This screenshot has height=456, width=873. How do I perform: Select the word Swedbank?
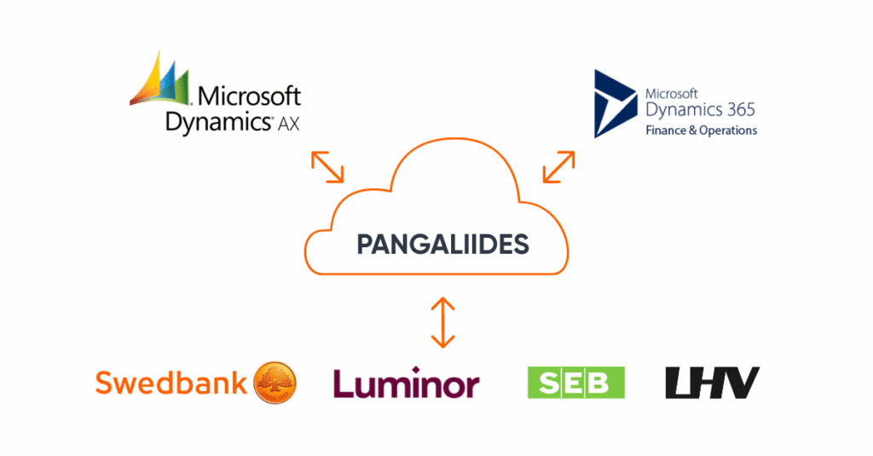coord(171,383)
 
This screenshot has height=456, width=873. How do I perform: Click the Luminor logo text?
coord(406,383)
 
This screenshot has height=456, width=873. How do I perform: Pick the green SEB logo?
coord(576,383)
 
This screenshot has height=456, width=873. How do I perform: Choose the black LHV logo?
coord(712,383)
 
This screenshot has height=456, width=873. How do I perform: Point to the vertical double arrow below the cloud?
coord(442,322)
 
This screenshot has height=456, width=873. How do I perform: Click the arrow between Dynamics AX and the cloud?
coord(327,167)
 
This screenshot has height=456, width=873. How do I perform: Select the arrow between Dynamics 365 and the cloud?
coord(558,167)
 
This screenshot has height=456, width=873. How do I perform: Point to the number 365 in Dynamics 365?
coord(737,110)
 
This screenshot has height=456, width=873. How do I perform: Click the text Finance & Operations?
coord(701,131)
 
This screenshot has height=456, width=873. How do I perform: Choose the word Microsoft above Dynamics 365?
coord(672,92)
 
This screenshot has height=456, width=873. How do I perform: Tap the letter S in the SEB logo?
coord(546,383)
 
